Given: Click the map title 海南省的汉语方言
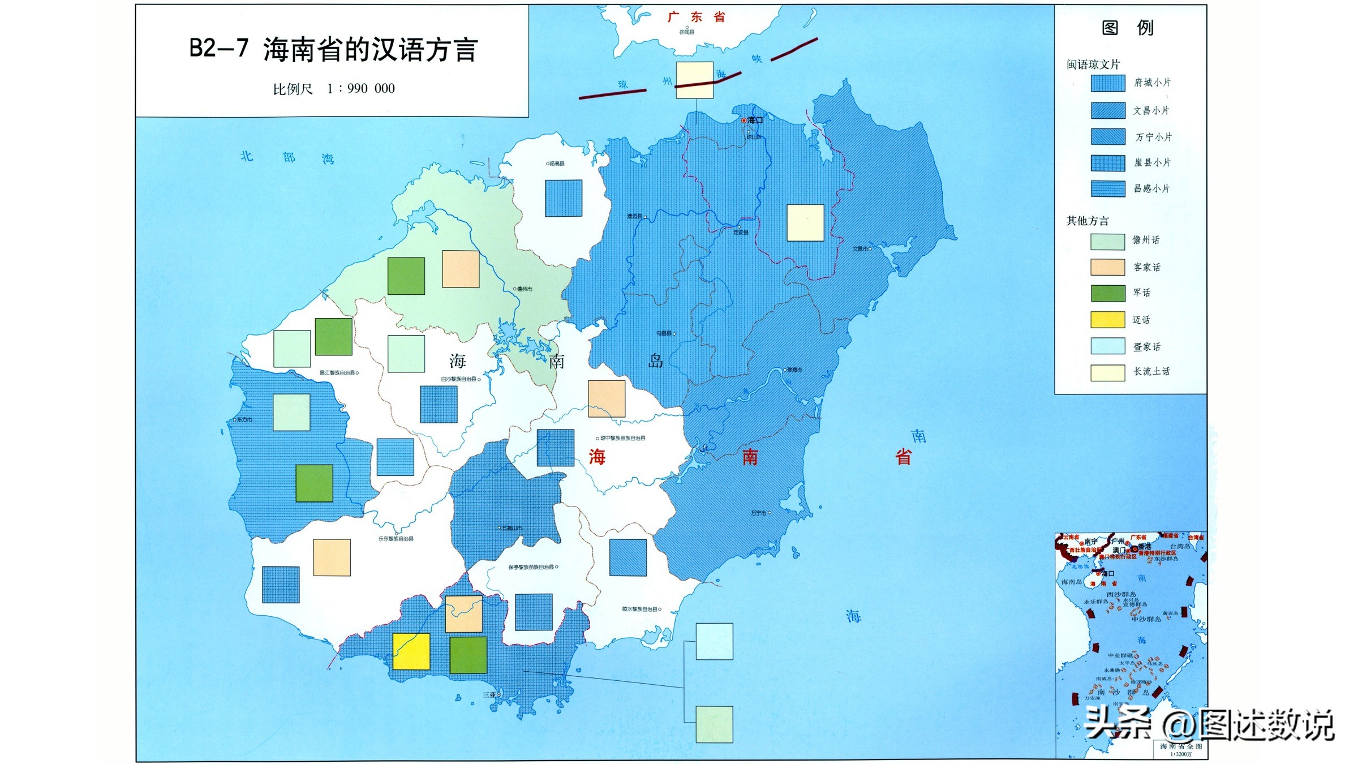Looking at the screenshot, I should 370,50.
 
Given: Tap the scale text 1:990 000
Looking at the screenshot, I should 360,89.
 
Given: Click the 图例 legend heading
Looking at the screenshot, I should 1127,28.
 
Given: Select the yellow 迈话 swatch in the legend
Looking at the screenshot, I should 1107,320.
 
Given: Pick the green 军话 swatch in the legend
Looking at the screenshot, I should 1107,293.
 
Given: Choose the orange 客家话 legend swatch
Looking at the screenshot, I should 1107,267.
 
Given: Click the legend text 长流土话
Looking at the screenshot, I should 1151,372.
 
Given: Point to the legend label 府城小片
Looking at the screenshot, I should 1152,83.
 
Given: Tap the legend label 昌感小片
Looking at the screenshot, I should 1151,188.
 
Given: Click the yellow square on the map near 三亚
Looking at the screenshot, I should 411,651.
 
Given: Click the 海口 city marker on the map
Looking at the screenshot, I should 744,121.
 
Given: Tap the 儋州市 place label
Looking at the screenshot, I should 524,289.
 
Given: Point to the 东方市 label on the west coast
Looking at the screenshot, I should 244,419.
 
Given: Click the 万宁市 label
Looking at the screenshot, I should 759,513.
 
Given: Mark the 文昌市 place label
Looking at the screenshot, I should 861,248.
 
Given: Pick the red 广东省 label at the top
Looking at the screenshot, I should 696,17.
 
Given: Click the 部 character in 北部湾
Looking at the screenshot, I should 289,157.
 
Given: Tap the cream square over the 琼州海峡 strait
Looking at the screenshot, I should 694,80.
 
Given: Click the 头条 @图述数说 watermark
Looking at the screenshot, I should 1209,724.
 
